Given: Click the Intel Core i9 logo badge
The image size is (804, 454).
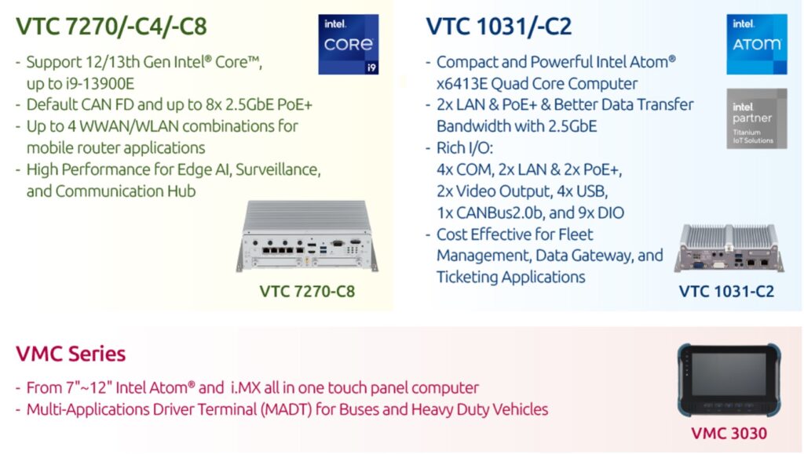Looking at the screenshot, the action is click(x=348, y=45).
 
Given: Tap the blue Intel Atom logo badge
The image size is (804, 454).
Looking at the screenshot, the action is click(x=756, y=45).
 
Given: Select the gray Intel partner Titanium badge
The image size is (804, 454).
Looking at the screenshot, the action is click(x=756, y=118).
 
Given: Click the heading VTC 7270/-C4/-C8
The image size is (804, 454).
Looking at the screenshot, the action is click(x=111, y=27).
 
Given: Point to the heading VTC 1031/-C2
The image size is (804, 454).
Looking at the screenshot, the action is click(x=499, y=27).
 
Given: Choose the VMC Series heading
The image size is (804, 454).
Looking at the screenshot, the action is click(x=71, y=354).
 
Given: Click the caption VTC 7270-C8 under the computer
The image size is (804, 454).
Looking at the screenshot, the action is click(x=307, y=291).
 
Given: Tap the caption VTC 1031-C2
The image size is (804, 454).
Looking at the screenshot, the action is click(x=726, y=291).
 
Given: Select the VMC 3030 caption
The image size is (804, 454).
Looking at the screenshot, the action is click(x=729, y=434).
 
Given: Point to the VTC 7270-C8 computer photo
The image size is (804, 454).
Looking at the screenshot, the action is click(x=307, y=235).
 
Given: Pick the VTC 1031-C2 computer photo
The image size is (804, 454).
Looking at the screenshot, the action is click(x=729, y=248).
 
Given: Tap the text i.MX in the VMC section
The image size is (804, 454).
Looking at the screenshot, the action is click(x=245, y=388).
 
